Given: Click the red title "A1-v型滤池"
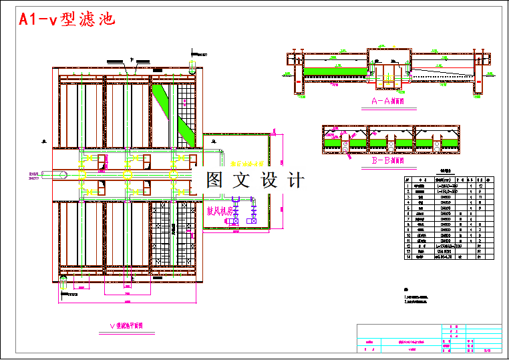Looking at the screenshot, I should (67, 19).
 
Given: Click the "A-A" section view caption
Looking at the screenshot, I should (388, 102).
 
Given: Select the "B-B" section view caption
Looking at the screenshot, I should (388, 161).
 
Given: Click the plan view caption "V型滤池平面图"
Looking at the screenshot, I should (131, 326).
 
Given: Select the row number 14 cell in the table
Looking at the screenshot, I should (408, 256).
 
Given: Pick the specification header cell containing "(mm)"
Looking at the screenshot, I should (442, 179).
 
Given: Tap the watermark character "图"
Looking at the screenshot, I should (215, 180).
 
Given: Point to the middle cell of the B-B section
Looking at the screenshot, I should (391, 140).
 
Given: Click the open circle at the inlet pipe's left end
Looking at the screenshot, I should (61, 175).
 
